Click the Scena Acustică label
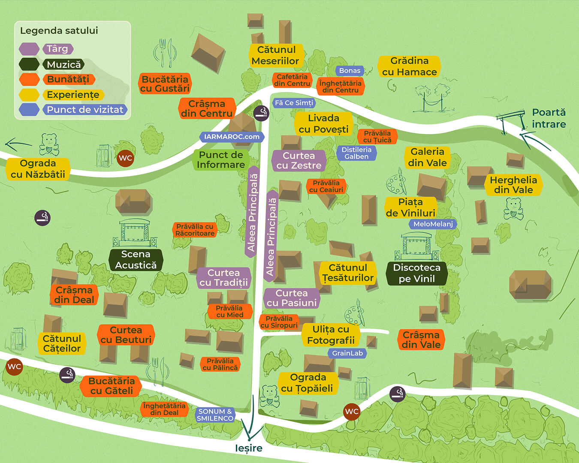click(136, 260)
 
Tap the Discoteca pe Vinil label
click(416, 274)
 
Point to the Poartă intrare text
click(549, 118)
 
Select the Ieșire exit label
click(249, 448)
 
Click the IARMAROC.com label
click(232, 137)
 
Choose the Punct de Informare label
click(221, 160)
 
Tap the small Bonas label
click(350, 71)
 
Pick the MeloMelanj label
click(433, 224)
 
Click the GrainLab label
click(347, 353)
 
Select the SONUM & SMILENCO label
click(215, 415)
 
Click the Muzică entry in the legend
click(63, 65)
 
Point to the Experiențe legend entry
click(73, 95)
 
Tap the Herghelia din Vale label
click(513, 185)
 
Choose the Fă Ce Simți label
click(294, 103)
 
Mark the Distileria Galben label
click(356, 153)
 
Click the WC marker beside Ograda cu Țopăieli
click(352, 412)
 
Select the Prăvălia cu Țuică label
click(377, 136)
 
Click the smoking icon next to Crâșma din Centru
click(261, 113)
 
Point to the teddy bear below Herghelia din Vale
click(513, 209)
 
